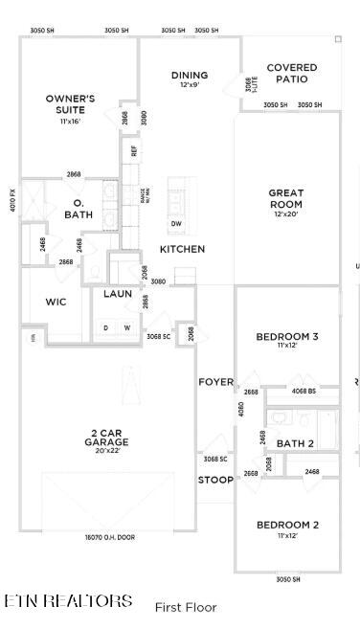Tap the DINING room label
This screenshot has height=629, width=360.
pyautogui.click(x=190, y=76)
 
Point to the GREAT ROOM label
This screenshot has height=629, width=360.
pyautogui.click(x=285, y=198)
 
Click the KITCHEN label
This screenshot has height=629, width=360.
pyautogui.click(x=182, y=249)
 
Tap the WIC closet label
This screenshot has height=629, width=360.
pyautogui.click(x=56, y=302)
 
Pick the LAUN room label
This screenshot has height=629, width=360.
pyautogui.click(x=118, y=294)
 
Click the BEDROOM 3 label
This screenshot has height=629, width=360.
pyautogui.click(x=287, y=336)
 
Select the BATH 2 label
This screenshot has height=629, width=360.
pyautogui.click(x=295, y=443)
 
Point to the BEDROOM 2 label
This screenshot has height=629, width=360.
pyautogui.click(x=287, y=525)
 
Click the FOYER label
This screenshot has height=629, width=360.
pyautogui.click(x=215, y=382)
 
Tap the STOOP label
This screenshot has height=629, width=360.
pyautogui.click(x=214, y=480)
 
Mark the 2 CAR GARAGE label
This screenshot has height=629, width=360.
pyautogui.click(x=106, y=438)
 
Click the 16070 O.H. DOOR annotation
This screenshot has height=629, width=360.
pyautogui.click(x=108, y=537)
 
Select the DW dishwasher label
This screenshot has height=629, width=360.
pyautogui.click(x=176, y=224)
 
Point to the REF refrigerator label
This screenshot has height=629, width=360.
pyautogui.click(x=134, y=150)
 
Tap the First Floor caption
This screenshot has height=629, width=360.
pyautogui.click(x=186, y=607)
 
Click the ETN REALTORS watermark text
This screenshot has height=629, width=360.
pyautogui.click(x=69, y=601)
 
